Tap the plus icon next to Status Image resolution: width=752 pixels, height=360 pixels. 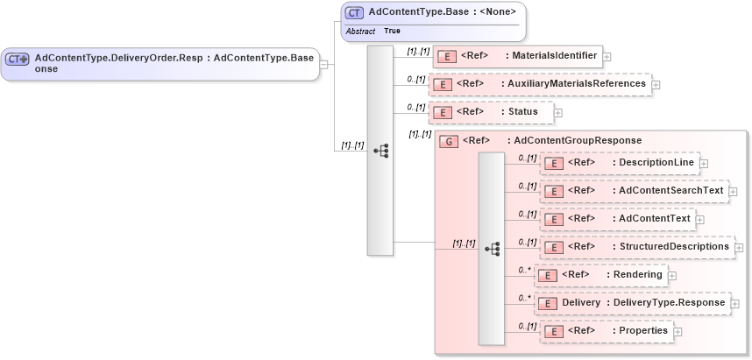click(x=558, y=113)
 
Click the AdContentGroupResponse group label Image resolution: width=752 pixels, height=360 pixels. click(x=577, y=140)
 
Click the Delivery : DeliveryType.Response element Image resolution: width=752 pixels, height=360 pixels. click(x=632, y=303)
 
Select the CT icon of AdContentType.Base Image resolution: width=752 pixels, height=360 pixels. click(x=354, y=13)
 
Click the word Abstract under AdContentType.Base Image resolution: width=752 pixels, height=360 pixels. click(x=360, y=31)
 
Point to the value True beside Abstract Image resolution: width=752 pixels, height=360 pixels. click(x=392, y=31)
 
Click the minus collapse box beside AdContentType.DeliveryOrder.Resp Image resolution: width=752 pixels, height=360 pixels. click(x=324, y=64)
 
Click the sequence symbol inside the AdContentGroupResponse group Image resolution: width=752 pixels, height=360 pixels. click(x=492, y=248)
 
